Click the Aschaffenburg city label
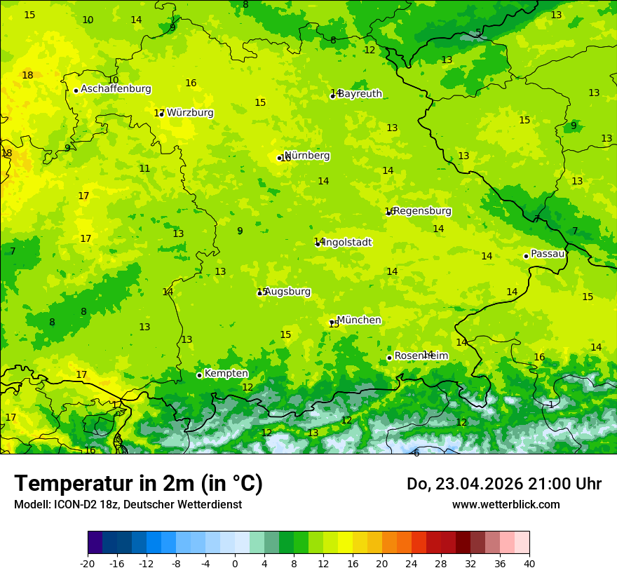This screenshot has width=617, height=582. (x=116, y=89)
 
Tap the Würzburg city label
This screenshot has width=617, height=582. (x=190, y=113)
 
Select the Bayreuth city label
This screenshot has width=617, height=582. (x=360, y=94)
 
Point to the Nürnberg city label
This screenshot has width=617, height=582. (x=307, y=156)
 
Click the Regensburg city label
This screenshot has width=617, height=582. (x=422, y=211)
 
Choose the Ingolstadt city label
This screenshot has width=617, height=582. (x=347, y=243)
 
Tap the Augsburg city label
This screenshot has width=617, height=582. (x=287, y=292)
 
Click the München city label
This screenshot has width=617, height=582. (x=359, y=320)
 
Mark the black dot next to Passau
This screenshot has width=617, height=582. (x=526, y=256)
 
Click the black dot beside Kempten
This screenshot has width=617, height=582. (x=199, y=375)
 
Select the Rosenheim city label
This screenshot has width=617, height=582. (x=421, y=356)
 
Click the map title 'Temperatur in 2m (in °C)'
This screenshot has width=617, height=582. (x=138, y=484)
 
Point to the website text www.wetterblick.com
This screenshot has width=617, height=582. (x=506, y=505)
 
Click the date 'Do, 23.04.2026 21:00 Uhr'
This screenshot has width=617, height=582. (x=503, y=484)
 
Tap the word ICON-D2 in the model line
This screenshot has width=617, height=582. (x=71, y=505)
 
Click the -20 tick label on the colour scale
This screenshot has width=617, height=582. (x=88, y=563)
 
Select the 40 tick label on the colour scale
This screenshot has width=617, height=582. (x=529, y=563)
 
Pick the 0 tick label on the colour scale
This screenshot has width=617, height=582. (x=235, y=563)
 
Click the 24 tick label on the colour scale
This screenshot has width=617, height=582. (x=412, y=563)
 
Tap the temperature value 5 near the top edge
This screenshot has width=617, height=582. (x=478, y=32)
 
